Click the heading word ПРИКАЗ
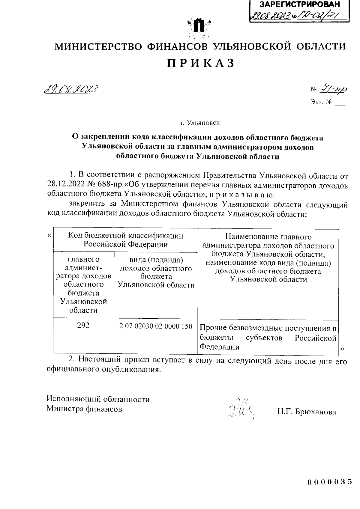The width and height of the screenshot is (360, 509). coord(200,63)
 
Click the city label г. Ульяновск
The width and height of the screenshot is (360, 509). coord(200,123)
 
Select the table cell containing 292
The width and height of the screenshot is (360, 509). coord(83,326)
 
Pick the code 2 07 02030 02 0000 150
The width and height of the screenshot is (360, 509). coord(156,326)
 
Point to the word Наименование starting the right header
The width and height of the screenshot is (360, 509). coord(250,237)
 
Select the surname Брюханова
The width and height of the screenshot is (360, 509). coord(316,412)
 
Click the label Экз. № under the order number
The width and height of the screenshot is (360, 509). coord(322,103)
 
